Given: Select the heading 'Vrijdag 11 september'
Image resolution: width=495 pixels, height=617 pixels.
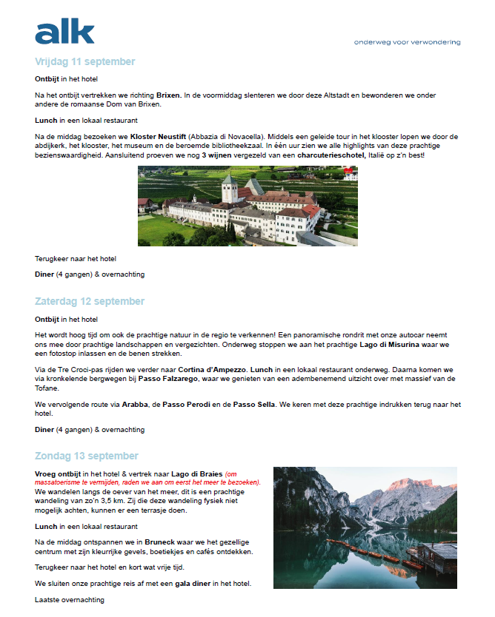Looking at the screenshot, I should coord(84,61).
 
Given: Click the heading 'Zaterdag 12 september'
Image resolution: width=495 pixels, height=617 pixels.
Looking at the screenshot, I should coord(89,301).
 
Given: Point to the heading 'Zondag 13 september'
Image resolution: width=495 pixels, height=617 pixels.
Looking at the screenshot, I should coord(86,456).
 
